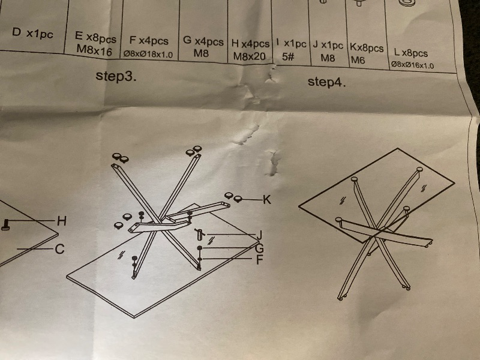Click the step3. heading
click(x=116, y=76)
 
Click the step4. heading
click(x=326, y=82)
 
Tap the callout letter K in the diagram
click(x=266, y=200)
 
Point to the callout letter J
click(x=260, y=235)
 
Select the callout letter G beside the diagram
click(x=259, y=248)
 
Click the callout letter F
click(x=259, y=260)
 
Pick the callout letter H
click(x=62, y=221)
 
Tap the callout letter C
click(x=59, y=249)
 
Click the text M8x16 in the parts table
click(x=94, y=50)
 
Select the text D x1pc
click(x=32, y=33)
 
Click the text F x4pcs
click(x=149, y=41)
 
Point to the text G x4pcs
click(x=203, y=41)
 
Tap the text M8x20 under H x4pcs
click(x=249, y=56)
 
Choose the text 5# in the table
click(x=288, y=56)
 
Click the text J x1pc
click(x=328, y=46)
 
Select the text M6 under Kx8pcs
click(x=358, y=59)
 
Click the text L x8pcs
click(x=411, y=53)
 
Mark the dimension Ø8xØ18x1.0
click(x=148, y=55)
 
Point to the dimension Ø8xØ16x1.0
click(x=412, y=65)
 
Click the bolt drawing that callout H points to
click(x=5, y=224)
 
